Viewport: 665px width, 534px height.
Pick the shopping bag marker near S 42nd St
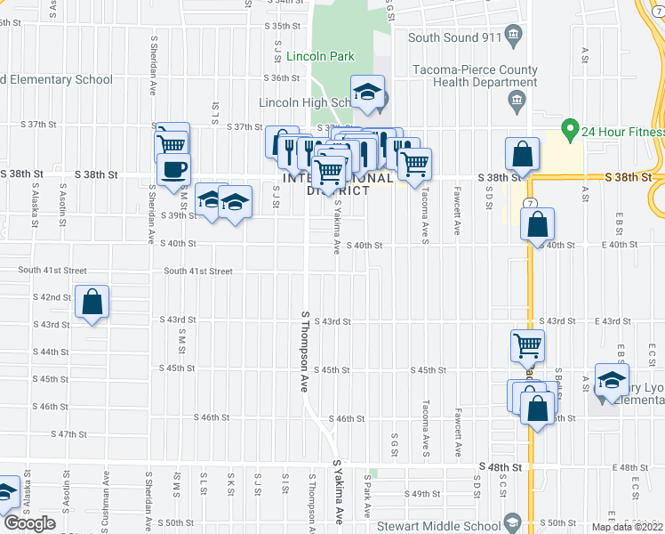[92, 303]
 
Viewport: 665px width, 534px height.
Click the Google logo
[29, 523]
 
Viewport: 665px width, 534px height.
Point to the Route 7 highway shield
[529, 204]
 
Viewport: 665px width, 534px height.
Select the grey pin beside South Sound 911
[513, 36]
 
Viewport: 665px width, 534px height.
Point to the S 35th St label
[284, 27]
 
